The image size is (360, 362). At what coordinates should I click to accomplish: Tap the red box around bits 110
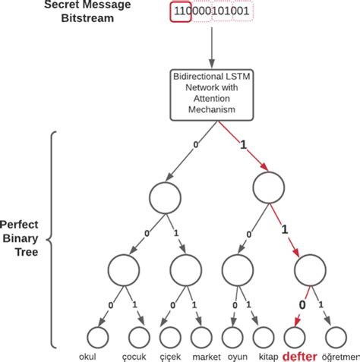[x=181, y=14]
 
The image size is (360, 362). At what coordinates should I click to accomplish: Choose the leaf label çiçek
[x=170, y=356]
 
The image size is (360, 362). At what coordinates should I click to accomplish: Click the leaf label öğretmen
[x=340, y=356]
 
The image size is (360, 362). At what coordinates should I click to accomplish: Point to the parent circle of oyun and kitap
[x=235, y=268]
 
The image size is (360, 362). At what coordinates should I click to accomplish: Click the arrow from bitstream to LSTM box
[x=211, y=47]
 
